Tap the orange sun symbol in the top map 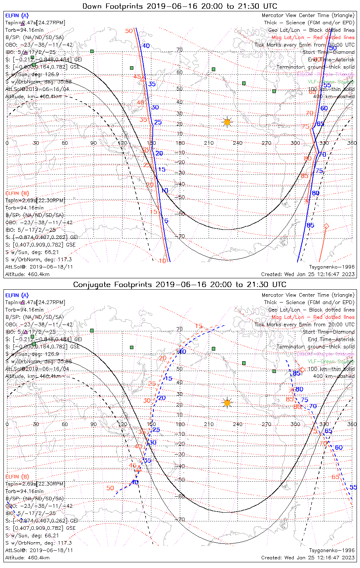227,122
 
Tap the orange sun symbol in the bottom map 227,403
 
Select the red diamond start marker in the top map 326,226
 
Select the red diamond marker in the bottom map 302,369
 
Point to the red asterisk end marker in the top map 307,201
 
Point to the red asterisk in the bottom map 291,390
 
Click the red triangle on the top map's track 143,79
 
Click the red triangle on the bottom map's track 139,469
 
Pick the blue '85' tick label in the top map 310,225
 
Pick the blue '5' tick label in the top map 166,221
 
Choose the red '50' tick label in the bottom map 110,488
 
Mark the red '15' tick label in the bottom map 199,326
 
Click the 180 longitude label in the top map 180,143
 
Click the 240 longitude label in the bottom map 238,424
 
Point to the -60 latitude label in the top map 181,214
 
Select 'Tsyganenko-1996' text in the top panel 332,267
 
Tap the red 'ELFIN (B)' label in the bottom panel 17,476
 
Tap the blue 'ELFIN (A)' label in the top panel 17,16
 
